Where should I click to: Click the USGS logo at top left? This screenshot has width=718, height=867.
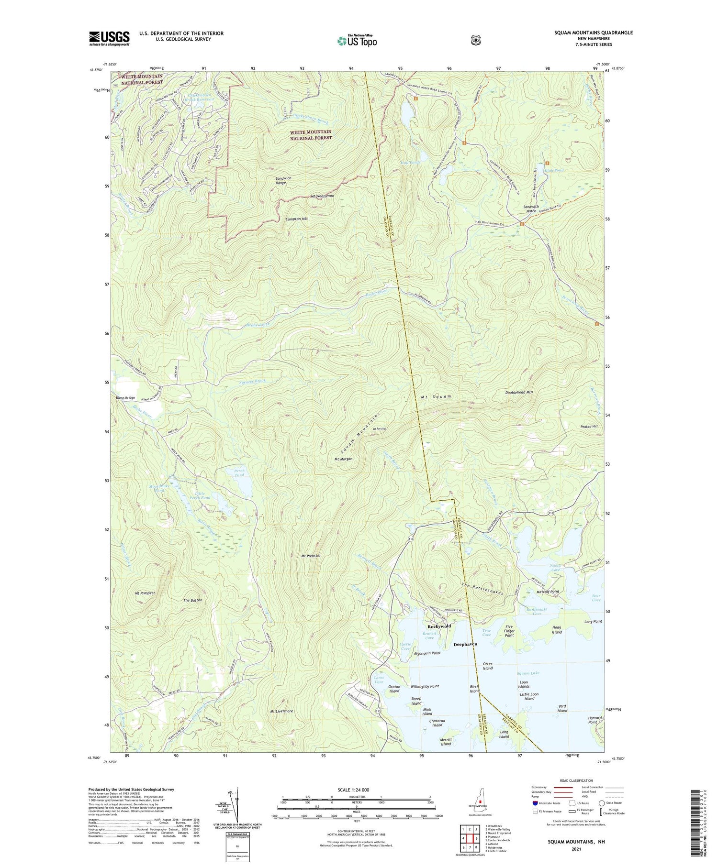click(109, 38)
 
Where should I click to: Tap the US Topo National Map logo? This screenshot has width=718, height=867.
click(357, 41)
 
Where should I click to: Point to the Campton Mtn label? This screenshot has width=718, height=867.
click(297, 219)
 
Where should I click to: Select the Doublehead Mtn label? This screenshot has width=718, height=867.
click(519, 392)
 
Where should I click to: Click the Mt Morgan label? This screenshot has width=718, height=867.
click(343, 459)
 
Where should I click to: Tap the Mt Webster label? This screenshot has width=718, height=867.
click(311, 556)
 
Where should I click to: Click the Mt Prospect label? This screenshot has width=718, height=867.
click(145, 593)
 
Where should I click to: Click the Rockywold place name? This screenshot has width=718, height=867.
click(439, 626)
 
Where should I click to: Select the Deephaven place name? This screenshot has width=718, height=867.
click(465, 644)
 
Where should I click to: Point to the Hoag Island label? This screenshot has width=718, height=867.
click(557, 630)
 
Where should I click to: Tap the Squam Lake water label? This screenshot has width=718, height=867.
click(528, 673)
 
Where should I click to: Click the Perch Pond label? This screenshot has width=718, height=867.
click(239, 473)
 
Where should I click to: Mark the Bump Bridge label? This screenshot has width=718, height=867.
click(125, 398)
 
